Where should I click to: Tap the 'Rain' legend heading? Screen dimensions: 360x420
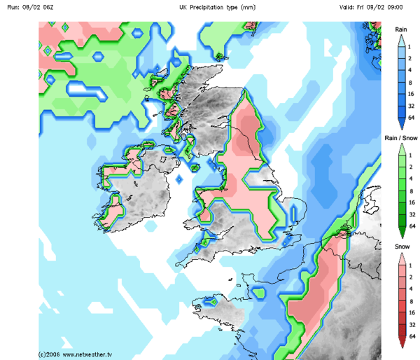click(x=401, y=29)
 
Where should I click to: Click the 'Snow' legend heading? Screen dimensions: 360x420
click(x=400, y=247)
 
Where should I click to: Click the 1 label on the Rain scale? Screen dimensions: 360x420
click(x=413, y=45)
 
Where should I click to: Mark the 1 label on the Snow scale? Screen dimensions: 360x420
click(x=413, y=262)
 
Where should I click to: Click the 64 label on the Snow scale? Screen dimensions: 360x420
click(x=413, y=337)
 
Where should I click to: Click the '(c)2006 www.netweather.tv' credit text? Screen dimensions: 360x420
click(x=76, y=354)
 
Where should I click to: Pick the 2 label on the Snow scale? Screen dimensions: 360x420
click(x=413, y=275)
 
